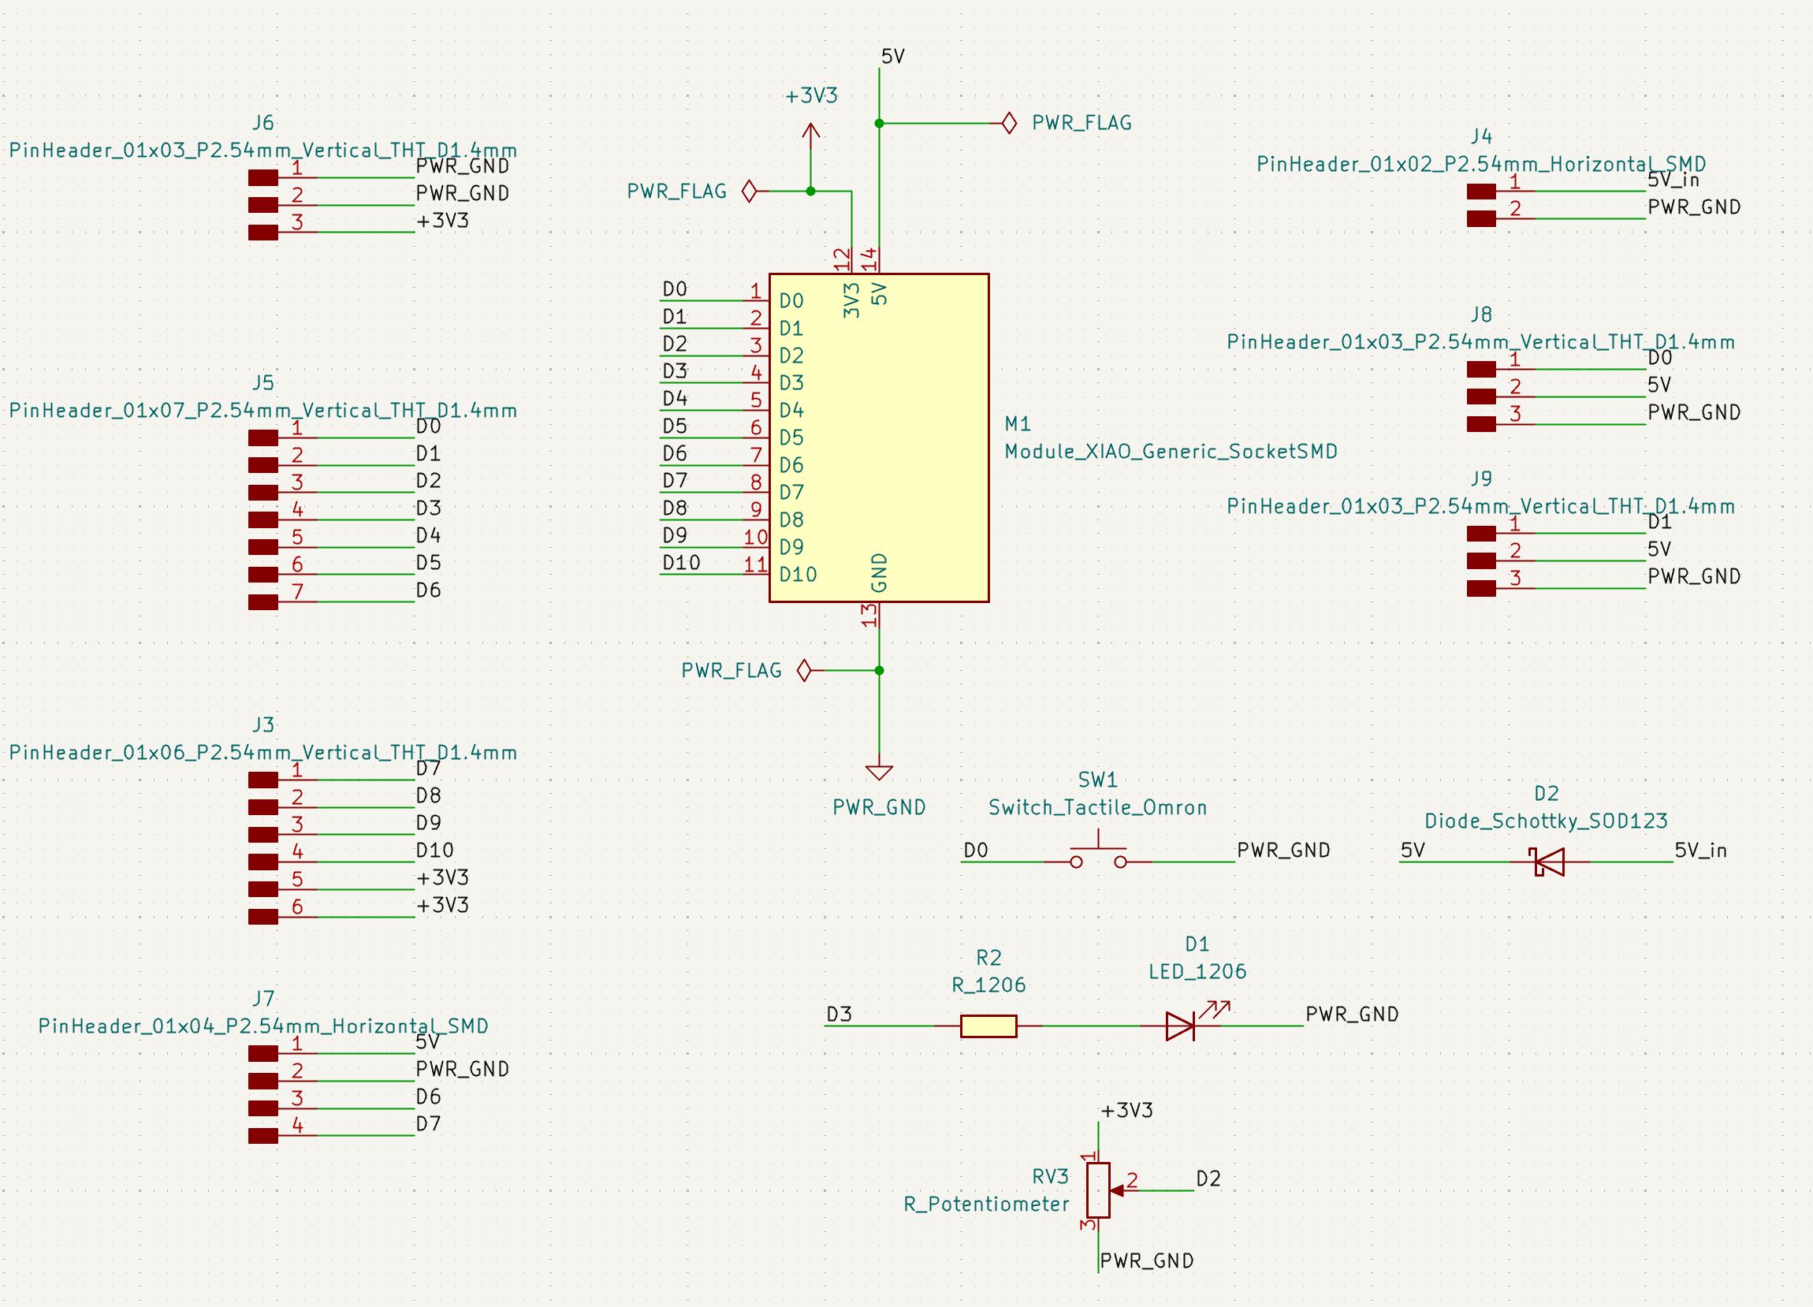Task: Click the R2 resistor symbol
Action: point(988,1026)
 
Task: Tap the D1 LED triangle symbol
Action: point(1180,1026)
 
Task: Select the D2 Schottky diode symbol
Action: point(1548,862)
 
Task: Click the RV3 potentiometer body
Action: point(1098,1190)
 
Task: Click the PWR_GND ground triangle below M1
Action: point(879,773)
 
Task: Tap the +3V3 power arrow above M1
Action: point(810,134)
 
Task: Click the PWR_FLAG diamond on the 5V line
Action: point(1009,123)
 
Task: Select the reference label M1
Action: point(1018,423)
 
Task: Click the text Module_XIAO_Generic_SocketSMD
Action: point(1171,452)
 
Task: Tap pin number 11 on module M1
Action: point(755,564)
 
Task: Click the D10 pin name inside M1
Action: point(798,575)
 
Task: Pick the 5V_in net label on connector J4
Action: point(1673,181)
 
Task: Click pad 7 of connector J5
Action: point(263,602)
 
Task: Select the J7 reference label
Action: point(263,999)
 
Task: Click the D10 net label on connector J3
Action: point(434,850)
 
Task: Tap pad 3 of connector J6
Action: point(263,233)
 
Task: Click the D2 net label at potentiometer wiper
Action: point(1208,1179)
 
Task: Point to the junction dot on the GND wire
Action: point(879,670)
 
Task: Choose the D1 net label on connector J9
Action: point(1659,522)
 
